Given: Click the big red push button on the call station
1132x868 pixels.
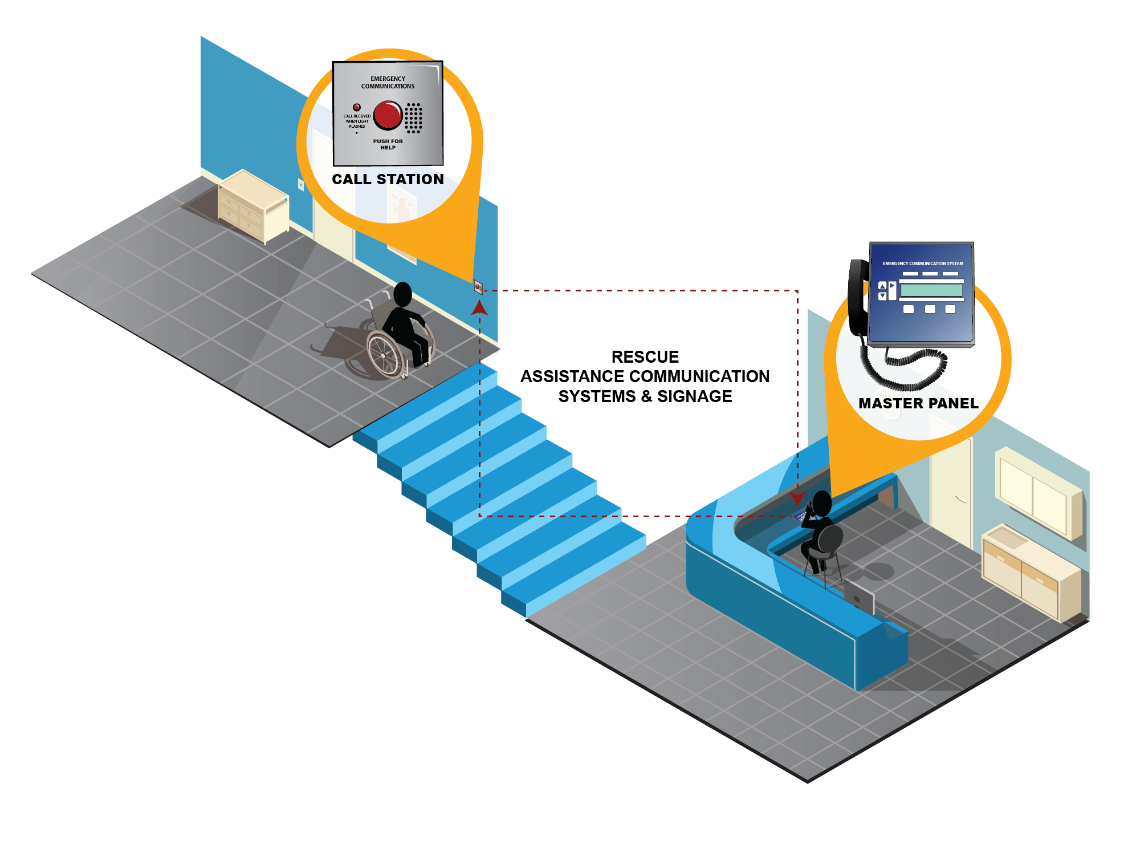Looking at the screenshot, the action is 388,115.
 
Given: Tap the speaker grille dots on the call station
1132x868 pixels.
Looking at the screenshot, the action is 413,118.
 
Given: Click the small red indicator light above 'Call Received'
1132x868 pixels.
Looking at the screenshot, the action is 357,107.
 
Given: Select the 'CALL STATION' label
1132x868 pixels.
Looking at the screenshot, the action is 388,179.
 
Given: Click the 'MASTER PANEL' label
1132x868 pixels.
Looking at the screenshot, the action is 918,403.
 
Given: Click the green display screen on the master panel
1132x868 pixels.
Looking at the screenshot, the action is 931,290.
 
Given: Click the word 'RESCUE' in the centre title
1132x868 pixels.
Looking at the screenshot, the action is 645,357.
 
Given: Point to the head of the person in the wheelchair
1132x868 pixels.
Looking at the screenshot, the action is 402,294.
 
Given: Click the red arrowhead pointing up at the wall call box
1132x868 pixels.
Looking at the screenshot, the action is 479,308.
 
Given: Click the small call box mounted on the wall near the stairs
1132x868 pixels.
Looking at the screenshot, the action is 478,287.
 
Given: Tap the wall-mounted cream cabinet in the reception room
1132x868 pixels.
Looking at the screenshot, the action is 1038,493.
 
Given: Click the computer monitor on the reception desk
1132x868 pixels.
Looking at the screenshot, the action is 859,595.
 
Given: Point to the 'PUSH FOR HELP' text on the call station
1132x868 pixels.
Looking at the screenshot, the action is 388,144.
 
